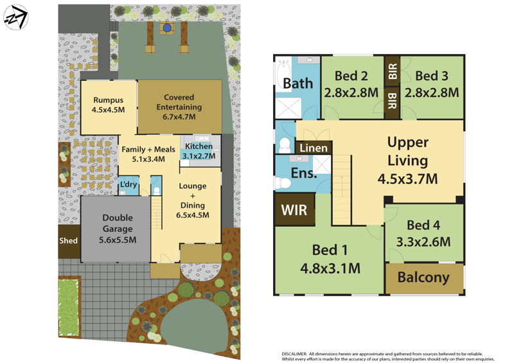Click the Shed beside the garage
click(68, 241)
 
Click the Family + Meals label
click(148, 148)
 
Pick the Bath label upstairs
click(298, 83)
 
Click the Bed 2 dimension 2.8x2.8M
click(351, 92)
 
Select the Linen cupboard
click(313, 148)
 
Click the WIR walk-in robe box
click(294, 210)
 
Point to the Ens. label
click(304, 173)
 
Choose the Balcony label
click(423, 278)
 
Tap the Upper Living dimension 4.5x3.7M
click(408, 178)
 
